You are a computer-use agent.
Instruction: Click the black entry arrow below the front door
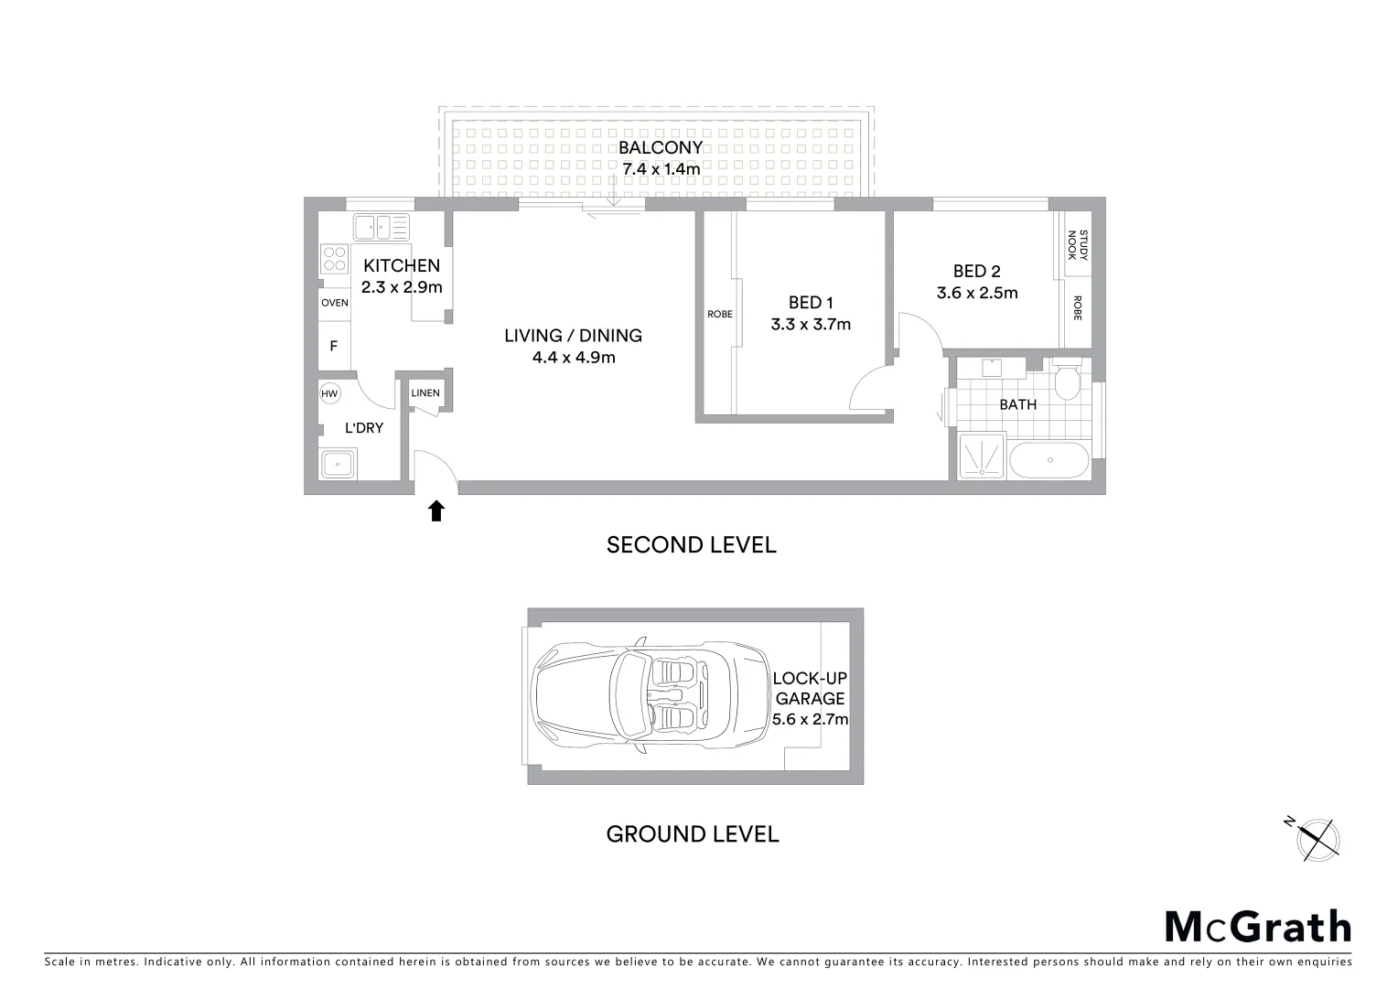click(x=436, y=510)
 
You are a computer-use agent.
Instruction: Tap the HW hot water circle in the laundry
click(x=329, y=394)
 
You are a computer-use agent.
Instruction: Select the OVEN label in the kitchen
click(x=334, y=303)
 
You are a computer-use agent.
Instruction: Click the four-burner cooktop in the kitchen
click(x=334, y=259)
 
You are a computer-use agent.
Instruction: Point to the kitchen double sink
click(x=382, y=226)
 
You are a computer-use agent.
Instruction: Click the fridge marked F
click(x=334, y=346)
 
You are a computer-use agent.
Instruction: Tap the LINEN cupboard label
click(x=425, y=393)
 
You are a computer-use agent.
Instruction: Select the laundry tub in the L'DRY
click(x=339, y=465)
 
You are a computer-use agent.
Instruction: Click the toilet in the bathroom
click(x=1066, y=381)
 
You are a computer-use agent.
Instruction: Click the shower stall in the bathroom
click(x=982, y=456)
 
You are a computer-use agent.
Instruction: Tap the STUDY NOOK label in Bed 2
click(x=1078, y=245)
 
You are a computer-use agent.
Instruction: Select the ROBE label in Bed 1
click(x=720, y=315)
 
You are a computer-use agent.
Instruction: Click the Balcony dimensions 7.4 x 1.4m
click(x=661, y=169)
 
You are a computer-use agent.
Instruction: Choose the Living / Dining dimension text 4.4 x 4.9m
click(x=574, y=358)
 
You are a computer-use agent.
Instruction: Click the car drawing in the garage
click(x=651, y=695)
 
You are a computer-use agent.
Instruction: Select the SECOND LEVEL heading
click(x=692, y=545)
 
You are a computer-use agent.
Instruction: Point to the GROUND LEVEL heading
click(x=693, y=834)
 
